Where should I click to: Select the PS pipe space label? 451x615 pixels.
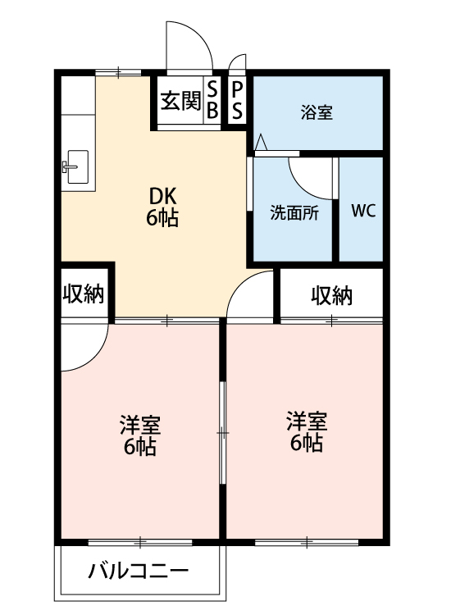pyautogui.click(x=237, y=101)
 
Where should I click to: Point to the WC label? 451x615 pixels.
pyautogui.click(x=362, y=210)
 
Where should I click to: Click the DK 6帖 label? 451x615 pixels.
pyautogui.click(x=162, y=208)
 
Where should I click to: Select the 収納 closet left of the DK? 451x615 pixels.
pyautogui.click(x=84, y=294)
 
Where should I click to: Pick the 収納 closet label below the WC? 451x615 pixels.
pyautogui.click(x=331, y=295)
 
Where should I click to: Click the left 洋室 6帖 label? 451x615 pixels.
pyautogui.click(x=139, y=436)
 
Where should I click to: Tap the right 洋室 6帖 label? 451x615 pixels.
pyautogui.click(x=306, y=432)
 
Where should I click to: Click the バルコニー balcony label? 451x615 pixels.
pyautogui.click(x=139, y=571)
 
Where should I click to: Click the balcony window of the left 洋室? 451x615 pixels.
pyautogui.click(x=139, y=542)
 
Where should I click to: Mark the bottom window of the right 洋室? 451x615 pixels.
pyautogui.click(x=306, y=542)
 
